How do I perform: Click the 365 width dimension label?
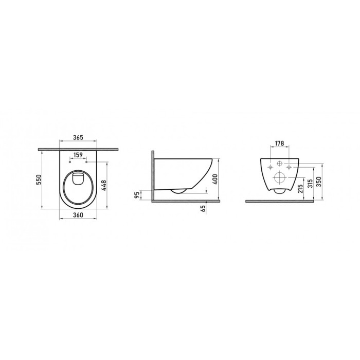click(78, 138)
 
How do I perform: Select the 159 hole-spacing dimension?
click(78, 154)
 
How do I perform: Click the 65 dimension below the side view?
click(205, 208)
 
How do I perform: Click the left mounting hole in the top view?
click(69, 161)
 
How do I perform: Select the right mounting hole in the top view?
click(87, 161)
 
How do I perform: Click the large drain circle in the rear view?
click(280, 178)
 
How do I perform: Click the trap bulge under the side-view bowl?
click(178, 191)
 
